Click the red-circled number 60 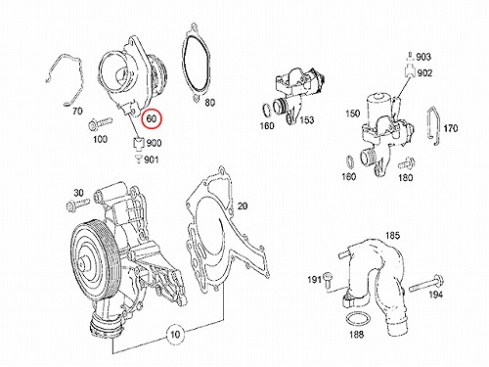152,118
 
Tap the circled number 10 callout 175,335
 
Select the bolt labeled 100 101,123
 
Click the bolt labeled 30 77,205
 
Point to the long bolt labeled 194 425,284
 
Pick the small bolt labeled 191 328,281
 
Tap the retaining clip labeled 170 434,125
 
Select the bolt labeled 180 407,163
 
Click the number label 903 423,57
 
